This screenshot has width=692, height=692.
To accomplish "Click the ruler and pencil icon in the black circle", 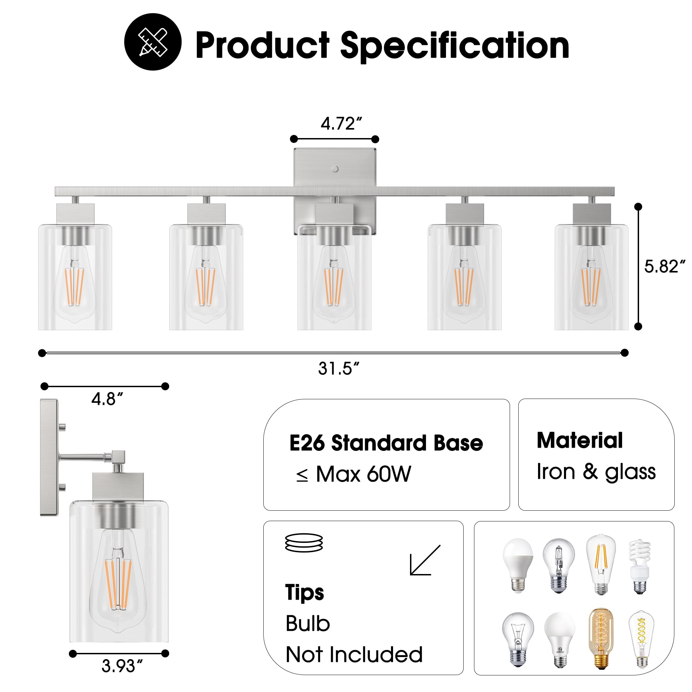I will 153,42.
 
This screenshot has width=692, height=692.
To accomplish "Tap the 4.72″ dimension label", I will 341,124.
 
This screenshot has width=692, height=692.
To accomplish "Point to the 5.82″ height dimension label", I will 664,266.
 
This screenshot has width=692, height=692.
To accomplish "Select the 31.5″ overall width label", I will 338,368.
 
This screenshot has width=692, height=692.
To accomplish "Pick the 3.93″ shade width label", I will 122,666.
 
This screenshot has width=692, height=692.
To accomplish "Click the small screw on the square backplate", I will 335,169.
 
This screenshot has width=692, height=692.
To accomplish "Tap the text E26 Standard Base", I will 386,443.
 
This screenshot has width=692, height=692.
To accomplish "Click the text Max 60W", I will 363,475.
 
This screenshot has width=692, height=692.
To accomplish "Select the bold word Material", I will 580,440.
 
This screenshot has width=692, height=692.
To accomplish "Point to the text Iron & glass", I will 596,472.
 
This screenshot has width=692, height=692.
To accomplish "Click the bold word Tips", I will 304,592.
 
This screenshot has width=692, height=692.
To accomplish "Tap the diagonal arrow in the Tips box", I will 425,560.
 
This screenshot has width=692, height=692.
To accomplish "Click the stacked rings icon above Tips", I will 304,543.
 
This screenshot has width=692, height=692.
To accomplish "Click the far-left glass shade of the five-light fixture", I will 75,277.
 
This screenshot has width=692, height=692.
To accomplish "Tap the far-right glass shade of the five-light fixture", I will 591,277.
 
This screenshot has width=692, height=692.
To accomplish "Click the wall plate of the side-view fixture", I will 49,457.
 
